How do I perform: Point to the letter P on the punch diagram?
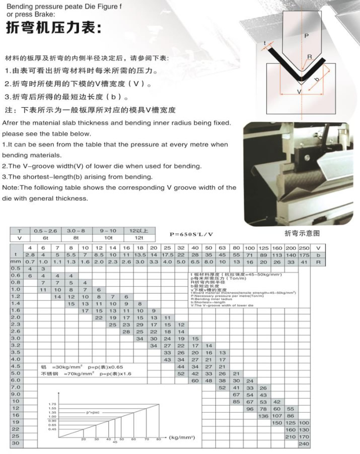pos(306,36)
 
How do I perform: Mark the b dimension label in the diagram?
pos(316,80)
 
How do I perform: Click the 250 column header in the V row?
pos(304,248)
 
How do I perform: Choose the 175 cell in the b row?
pos(304,255)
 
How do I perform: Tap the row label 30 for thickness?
pos(16,443)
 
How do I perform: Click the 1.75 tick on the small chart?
pos(52,404)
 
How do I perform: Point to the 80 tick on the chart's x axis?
pos(158,439)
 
